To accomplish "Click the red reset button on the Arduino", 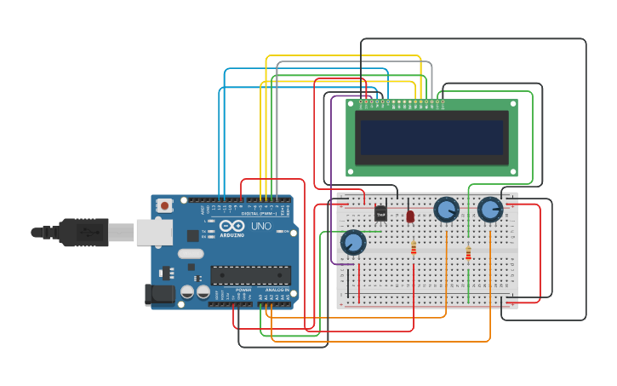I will click(164, 205).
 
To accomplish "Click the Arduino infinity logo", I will click(231, 227).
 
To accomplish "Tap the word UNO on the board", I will click(260, 227).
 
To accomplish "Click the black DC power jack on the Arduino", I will click(159, 295).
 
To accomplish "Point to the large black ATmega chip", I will click(250, 275).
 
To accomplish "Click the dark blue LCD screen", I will click(431, 137).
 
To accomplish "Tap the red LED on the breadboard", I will click(410, 216).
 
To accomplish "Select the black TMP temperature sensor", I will click(380, 213).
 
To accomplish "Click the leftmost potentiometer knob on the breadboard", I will click(353, 243).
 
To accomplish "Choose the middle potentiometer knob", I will click(446, 210).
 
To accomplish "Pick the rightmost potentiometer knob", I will click(490, 210).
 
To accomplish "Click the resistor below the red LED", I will click(414, 248).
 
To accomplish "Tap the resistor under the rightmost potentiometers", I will click(468, 253).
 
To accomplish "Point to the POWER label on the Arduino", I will click(243, 290).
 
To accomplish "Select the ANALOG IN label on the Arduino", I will click(275, 290).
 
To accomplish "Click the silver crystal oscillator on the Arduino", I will click(191, 253).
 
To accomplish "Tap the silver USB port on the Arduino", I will click(154, 232).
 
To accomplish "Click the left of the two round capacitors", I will click(187, 292).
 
